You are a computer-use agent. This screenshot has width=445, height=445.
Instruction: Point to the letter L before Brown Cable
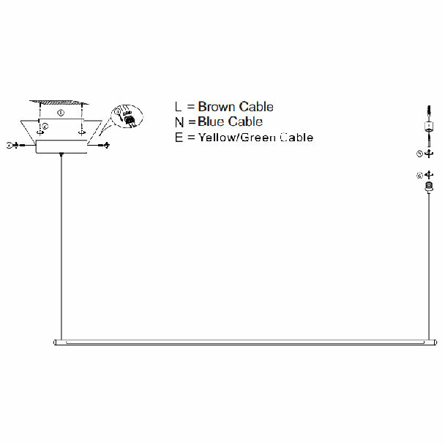pos(179,107)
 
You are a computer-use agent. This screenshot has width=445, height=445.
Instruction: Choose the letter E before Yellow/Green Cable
pos(179,137)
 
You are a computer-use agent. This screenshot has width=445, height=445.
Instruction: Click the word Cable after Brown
pos(256,107)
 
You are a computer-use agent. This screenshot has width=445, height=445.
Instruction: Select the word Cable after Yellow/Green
pos(293,137)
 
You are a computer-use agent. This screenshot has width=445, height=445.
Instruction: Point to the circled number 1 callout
pos(61,113)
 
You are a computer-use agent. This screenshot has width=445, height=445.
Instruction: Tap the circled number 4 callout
pos(9,146)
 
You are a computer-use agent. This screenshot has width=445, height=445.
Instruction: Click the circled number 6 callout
pos(419,176)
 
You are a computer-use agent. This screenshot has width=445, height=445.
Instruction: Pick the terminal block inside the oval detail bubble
pos(129,119)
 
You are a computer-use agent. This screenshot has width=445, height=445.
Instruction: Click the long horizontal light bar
pos(241,342)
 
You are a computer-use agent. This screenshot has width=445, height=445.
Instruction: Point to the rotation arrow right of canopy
pos(107,146)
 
